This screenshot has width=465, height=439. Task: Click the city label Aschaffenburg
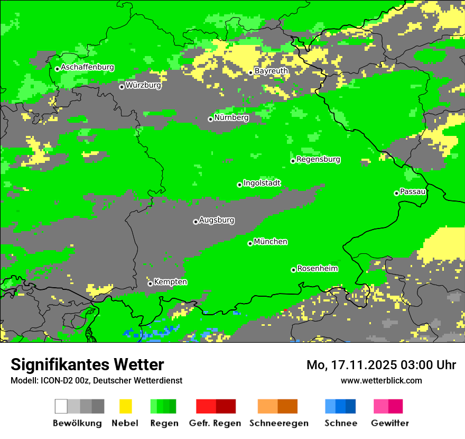[x=87, y=67]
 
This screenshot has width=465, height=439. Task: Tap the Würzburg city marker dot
[x=122, y=87]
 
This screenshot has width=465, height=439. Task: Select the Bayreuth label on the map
[x=271, y=70]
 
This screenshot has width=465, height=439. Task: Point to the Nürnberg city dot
[x=210, y=119]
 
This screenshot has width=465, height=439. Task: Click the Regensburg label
[x=318, y=159]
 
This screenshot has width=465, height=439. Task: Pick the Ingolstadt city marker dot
[x=239, y=185]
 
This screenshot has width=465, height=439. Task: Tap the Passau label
[x=413, y=191]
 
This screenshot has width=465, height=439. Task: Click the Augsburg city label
[x=217, y=220]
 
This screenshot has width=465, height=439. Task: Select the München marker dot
[x=250, y=243]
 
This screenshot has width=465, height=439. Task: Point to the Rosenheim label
[x=317, y=268]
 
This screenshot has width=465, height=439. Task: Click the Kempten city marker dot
[x=150, y=283]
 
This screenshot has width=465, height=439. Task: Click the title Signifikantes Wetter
[x=87, y=364]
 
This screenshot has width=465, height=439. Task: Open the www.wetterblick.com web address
[x=381, y=380]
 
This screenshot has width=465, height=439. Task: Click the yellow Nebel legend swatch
[x=125, y=406]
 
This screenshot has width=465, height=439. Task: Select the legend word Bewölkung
[x=77, y=423]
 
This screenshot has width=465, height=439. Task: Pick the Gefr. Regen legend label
[x=215, y=423]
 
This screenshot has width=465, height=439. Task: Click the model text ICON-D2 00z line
[x=96, y=380]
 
